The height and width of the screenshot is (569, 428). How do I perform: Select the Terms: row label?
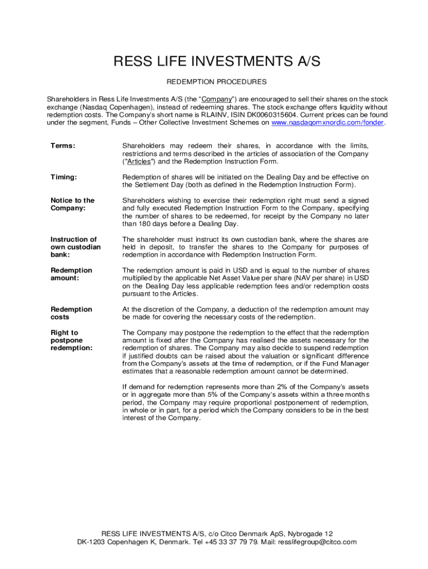(63, 146)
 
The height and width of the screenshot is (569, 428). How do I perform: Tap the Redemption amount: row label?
(71, 274)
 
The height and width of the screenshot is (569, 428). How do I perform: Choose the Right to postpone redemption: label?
(71, 340)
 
